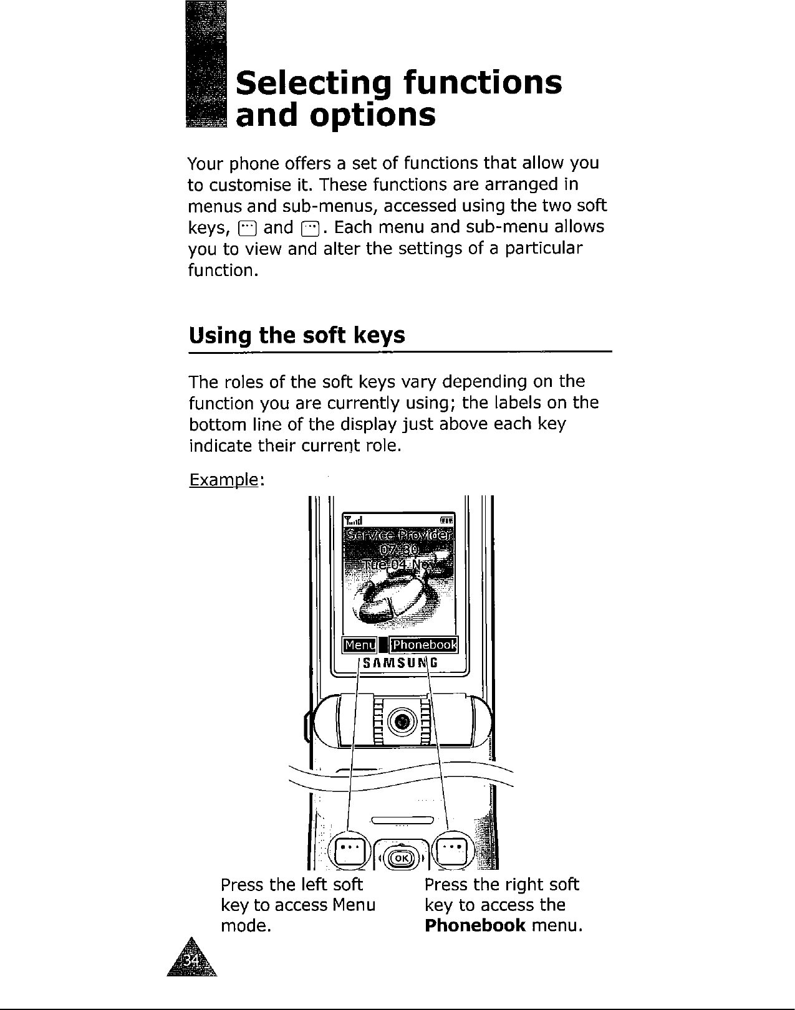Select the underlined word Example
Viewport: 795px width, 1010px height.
(x=223, y=480)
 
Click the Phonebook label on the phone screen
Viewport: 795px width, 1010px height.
(x=424, y=644)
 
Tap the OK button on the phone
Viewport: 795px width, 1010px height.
(x=402, y=858)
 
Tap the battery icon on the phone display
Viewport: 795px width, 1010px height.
(x=448, y=520)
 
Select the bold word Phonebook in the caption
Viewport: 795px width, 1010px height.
(x=473, y=925)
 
